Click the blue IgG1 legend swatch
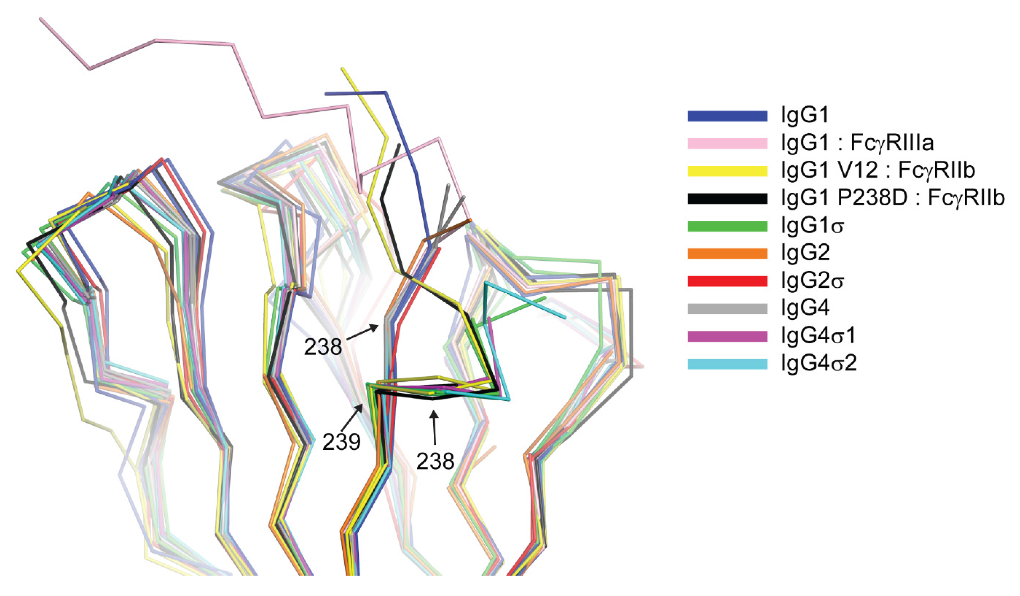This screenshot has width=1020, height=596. pyautogui.click(x=727, y=116)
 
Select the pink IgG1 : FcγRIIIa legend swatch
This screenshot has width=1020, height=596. pyautogui.click(x=727, y=143)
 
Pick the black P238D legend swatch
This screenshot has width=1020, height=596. pyautogui.click(x=727, y=198)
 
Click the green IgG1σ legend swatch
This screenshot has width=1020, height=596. pyautogui.click(x=727, y=226)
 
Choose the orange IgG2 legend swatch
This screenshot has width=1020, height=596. pyautogui.click(x=727, y=253)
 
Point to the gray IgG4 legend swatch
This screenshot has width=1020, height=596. pyautogui.click(x=727, y=309)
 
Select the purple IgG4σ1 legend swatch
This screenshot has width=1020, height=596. pyautogui.click(x=727, y=336)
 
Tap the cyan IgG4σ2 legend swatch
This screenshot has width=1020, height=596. pyautogui.click(x=727, y=364)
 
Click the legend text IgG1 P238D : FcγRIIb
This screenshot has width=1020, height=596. pyautogui.click(x=893, y=198)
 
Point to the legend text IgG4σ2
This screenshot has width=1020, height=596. pyautogui.click(x=819, y=364)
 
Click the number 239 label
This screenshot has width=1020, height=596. pyautogui.click(x=341, y=442)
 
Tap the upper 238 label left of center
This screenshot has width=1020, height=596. pyautogui.click(x=323, y=347)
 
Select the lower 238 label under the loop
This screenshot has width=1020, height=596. pyautogui.click(x=436, y=461)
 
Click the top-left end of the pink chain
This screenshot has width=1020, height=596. pyautogui.click(x=41, y=19)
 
